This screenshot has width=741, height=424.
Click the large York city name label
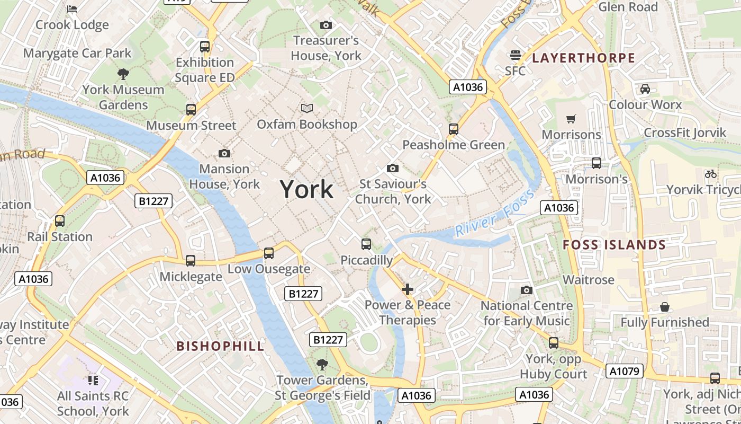pos(306,189)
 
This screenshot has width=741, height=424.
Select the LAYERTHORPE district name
pos(583,58)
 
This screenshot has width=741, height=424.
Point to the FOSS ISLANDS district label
pos(614,245)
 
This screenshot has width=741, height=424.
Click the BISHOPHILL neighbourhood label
pos(220,346)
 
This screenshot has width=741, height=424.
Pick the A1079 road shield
pos(625,371)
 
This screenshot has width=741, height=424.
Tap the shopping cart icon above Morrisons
pos(571,119)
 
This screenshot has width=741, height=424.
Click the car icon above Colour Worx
pos(645,89)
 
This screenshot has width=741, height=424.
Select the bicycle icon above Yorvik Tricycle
pos(710,173)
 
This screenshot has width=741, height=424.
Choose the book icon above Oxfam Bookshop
pos(307,109)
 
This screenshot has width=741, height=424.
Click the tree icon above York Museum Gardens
pos(123,74)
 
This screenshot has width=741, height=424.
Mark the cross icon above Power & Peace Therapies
pos(407,289)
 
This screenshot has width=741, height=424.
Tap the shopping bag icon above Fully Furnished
pos(665,307)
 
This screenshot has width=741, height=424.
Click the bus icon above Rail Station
pos(60,221)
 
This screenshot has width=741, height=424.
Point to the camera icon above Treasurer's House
pos(326,25)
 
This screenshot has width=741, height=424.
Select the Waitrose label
pos(589,279)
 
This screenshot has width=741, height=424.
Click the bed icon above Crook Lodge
pos(72,8)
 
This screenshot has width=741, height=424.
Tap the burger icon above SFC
pos(515,55)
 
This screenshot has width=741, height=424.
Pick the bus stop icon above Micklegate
pos(191,261)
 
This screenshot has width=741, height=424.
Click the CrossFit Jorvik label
pos(685,132)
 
